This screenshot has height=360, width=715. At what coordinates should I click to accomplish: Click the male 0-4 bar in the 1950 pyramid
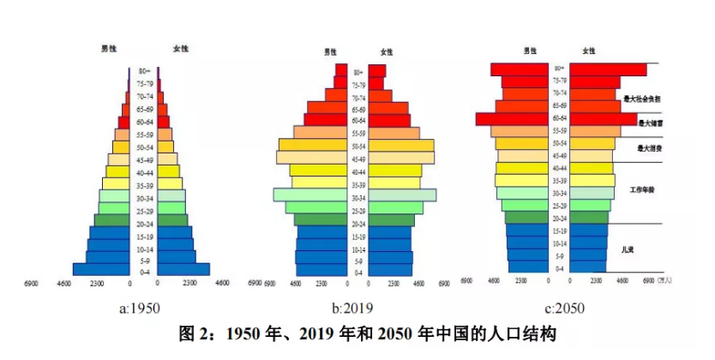pos(101,269)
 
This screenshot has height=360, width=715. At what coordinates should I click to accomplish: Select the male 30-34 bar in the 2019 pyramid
pos(311,195)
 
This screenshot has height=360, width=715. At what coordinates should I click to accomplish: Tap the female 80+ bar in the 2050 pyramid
pos(609,69)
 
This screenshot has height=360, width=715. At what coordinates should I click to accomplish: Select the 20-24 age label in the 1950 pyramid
pos(144,223)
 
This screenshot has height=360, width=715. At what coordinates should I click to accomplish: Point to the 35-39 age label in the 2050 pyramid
pos(559,181)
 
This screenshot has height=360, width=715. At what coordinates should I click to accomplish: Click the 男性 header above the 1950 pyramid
pos(109,47)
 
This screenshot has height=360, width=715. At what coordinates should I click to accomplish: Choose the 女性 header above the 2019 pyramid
pos(387,51)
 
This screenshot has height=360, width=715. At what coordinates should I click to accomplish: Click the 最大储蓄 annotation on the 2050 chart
pos(650,123)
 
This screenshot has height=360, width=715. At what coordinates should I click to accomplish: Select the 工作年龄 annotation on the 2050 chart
pos(642,189)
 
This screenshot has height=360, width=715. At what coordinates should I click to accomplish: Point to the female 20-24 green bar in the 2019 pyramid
pos(392,220)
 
